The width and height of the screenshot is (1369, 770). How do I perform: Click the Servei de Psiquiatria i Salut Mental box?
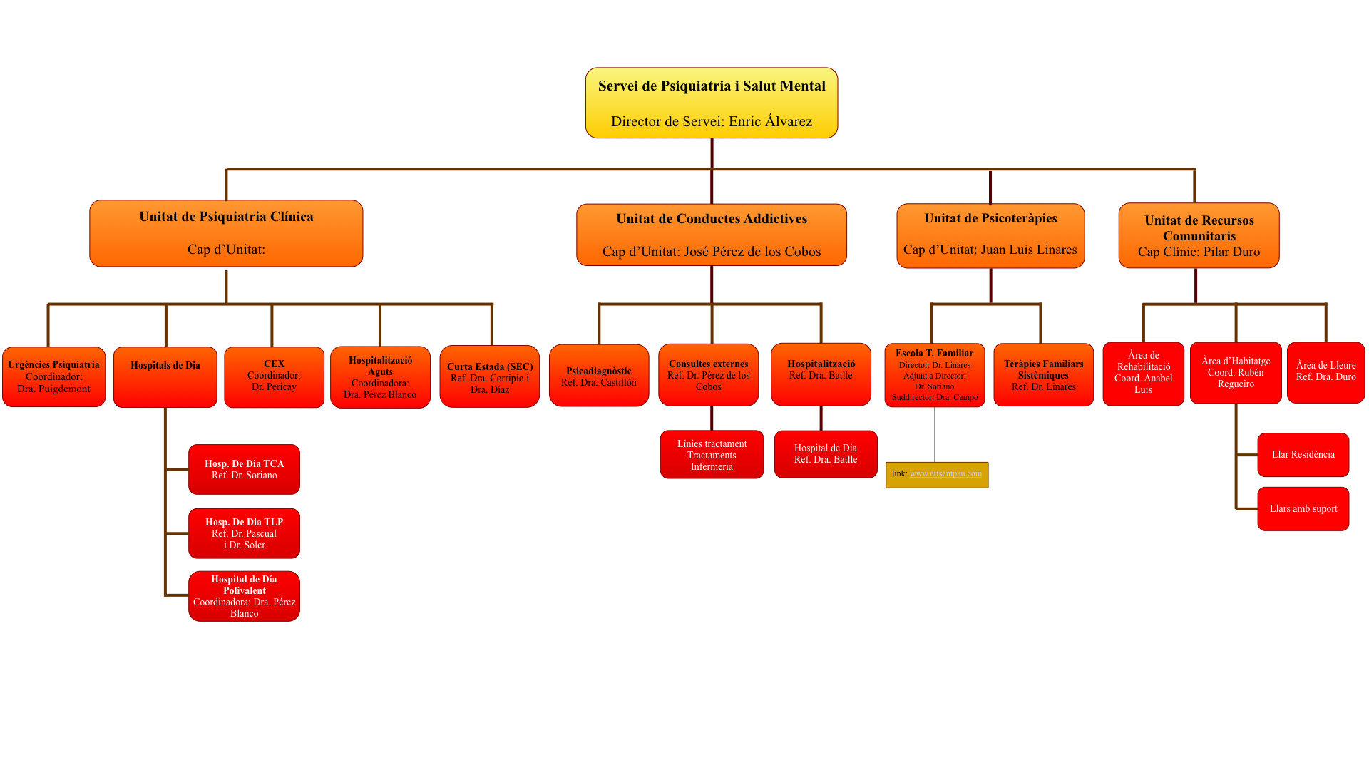pyautogui.click(x=712, y=103)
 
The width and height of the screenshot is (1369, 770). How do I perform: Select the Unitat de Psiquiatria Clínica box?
pyautogui.click(x=226, y=233)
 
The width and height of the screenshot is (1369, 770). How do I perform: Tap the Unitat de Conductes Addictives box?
pyautogui.click(x=712, y=235)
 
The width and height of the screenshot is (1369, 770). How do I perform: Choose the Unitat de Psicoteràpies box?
pyautogui.click(x=990, y=235)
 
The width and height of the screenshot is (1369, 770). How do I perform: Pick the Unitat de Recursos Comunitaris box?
pyautogui.click(x=1199, y=235)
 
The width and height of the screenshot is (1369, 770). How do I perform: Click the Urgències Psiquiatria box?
pyautogui.click(x=54, y=376)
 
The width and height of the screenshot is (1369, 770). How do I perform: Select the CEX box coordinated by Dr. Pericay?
pyautogui.click(x=274, y=376)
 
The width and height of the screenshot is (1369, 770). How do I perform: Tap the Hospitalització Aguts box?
pyautogui.click(x=380, y=377)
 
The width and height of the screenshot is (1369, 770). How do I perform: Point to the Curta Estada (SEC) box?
pyautogui.click(x=490, y=376)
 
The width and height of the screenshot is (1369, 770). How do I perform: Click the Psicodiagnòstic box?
pyautogui.click(x=599, y=376)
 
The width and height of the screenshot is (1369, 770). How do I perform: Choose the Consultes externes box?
pyautogui.click(x=708, y=375)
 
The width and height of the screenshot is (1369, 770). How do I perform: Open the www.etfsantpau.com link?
pyautogui.click(x=945, y=473)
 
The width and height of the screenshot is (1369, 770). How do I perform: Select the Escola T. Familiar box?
pyautogui.click(x=935, y=375)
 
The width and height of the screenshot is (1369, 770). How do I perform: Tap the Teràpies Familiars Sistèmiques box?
pyautogui.click(x=1043, y=375)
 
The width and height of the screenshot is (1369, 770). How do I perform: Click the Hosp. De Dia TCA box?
pyautogui.click(x=244, y=469)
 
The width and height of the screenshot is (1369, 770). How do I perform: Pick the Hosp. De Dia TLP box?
pyautogui.click(x=244, y=533)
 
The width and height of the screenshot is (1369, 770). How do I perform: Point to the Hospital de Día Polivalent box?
pyautogui.click(x=244, y=596)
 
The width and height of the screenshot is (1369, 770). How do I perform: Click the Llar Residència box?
pyautogui.click(x=1303, y=455)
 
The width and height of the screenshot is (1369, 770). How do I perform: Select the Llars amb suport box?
pyautogui.click(x=1303, y=509)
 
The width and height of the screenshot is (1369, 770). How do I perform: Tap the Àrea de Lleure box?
pyautogui.click(x=1326, y=372)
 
